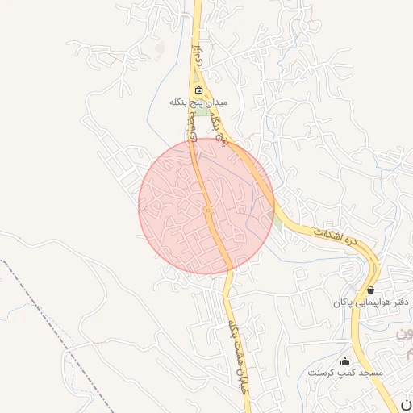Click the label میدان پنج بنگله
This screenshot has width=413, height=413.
click(x=199, y=102)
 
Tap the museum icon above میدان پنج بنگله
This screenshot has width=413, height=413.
click(x=198, y=90)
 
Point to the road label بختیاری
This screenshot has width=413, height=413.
click(x=193, y=129)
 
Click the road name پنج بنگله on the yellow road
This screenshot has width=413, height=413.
click(x=219, y=129)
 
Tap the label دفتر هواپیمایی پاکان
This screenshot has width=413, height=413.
click(x=373, y=302)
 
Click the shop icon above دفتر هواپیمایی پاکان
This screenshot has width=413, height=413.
click(x=370, y=289)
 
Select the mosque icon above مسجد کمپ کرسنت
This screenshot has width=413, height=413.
click(x=345, y=361)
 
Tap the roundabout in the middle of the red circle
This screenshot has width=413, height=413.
click(x=207, y=210)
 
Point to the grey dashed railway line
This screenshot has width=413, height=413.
click(x=48, y=311)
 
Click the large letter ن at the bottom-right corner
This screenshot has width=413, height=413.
click(x=406, y=403)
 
